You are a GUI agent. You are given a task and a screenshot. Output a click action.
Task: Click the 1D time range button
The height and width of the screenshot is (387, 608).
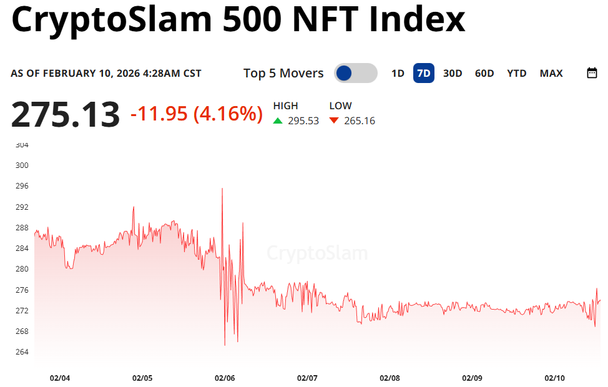tap(398, 73)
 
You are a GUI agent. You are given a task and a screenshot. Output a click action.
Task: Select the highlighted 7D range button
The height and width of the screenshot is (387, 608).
tap(423, 73)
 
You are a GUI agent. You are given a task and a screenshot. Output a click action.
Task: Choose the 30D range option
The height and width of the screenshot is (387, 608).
tap(453, 73)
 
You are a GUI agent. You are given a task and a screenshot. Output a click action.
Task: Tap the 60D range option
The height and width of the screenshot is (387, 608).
tap(484, 73)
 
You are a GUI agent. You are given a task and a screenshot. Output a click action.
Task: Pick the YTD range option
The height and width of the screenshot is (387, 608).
tap(517, 73)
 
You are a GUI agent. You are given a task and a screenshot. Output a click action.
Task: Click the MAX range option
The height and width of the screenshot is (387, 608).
tap(551, 73)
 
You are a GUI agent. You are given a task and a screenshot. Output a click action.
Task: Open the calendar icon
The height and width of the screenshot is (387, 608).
tap(592, 73)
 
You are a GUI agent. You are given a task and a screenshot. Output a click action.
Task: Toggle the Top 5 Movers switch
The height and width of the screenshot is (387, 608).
tap(355, 73)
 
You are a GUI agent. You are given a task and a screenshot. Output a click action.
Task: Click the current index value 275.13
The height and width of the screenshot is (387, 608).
tap(66, 115)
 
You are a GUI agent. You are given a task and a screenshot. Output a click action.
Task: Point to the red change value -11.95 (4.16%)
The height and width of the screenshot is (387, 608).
tap(196, 114)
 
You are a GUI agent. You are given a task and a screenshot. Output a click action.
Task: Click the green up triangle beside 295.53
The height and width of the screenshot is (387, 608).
tap(278, 120)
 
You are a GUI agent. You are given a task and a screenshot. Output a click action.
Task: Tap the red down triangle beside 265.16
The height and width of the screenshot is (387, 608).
tap(334, 120)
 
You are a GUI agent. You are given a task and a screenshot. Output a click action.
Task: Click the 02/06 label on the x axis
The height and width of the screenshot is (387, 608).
tap(225, 378)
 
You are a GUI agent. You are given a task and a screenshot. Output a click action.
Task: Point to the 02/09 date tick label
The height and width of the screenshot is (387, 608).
tap(472, 378)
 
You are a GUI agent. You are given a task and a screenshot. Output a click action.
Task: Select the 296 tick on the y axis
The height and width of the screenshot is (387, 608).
tap(21, 186)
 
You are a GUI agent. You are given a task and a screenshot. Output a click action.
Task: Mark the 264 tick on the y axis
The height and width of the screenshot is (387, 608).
tap(21, 351)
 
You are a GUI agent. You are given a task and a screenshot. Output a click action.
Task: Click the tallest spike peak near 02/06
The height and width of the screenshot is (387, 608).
tap(222, 189)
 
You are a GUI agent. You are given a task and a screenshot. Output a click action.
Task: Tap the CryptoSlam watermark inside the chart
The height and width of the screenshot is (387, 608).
tap(317, 253)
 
